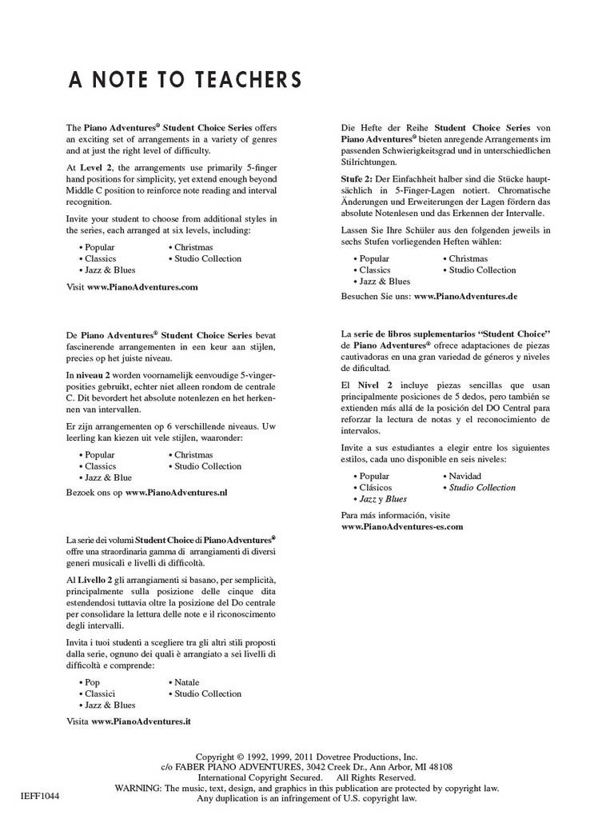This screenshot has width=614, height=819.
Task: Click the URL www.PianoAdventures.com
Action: [142, 286]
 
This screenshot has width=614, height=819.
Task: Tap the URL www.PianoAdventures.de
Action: [465, 296]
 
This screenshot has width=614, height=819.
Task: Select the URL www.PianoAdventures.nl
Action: [176, 493]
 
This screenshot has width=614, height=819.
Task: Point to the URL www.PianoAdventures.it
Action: [141, 721]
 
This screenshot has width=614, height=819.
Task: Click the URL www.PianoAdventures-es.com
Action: [402, 527]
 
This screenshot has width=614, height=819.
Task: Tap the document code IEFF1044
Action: [40, 797]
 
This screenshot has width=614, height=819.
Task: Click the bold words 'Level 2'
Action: [96, 167]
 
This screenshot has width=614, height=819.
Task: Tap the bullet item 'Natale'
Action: [186, 682]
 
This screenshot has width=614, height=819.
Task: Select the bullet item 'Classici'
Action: [100, 693]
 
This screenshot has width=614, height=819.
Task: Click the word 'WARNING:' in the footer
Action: [139, 788]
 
